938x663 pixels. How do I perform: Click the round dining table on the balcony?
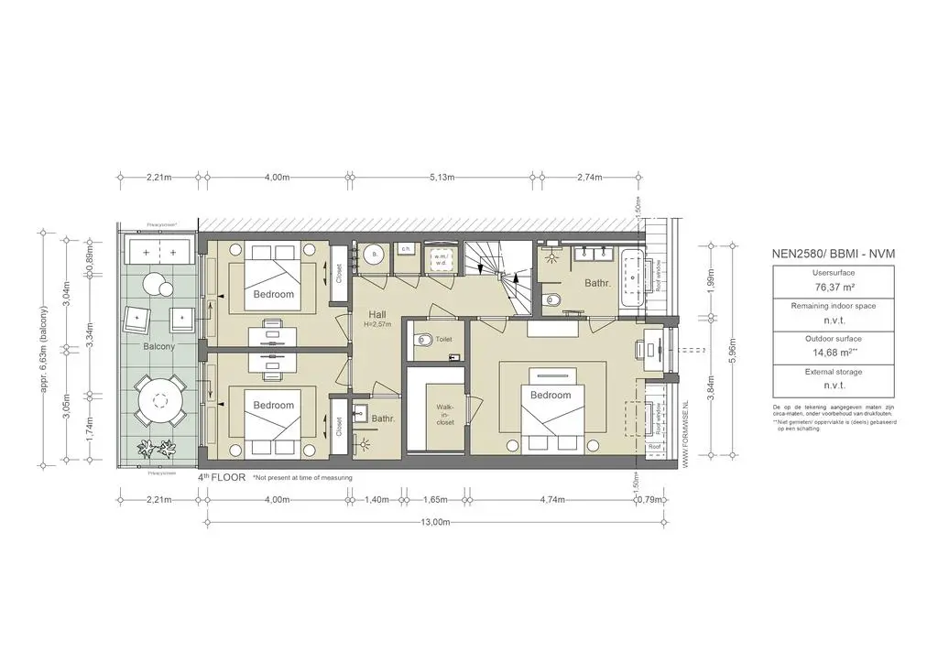tap(160, 399)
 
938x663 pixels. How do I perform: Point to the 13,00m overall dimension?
tap(434, 522)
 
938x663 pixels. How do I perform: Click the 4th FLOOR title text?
tap(221, 478)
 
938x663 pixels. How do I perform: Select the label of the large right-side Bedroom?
tap(551, 396)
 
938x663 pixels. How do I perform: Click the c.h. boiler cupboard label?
tap(405, 249)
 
